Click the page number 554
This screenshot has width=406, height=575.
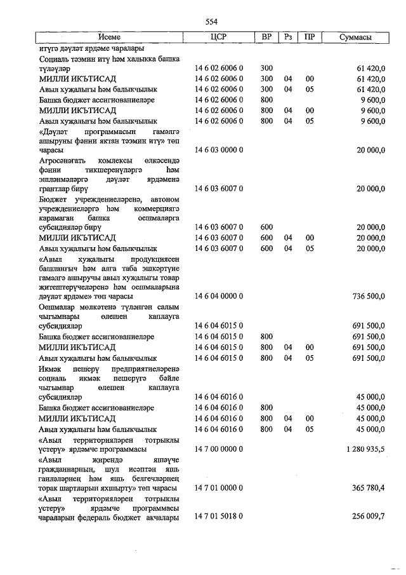pyautogui.click(x=212, y=23)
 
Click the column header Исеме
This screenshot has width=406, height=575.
pyautogui.click(x=118, y=38)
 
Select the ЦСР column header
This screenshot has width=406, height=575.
pyautogui.click(x=219, y=38)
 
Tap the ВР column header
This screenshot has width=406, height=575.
pyautogui.click(x=267, y=38)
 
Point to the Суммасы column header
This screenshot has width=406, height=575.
pyautogui.click(x=355, y=38)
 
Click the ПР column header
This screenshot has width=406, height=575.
pyautogui.click(x=309, y=38)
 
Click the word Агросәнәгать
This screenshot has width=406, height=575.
pyautogui.click(x=61, y=161)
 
